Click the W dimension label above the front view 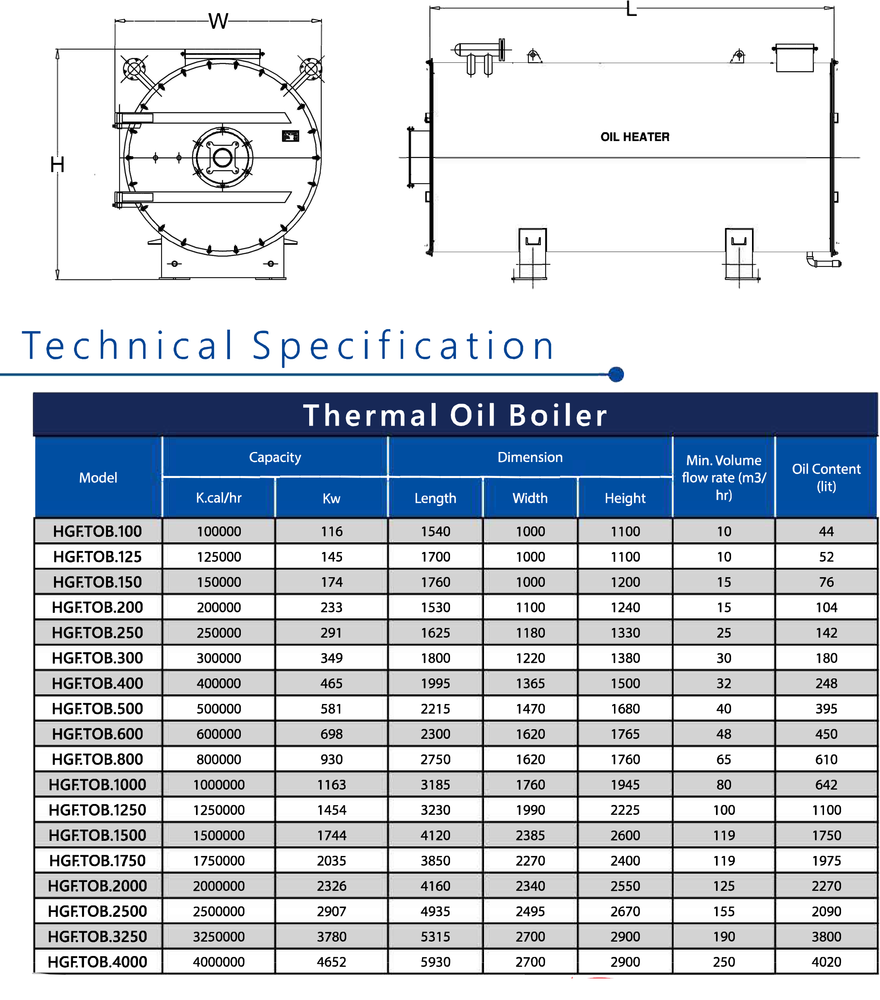coord(218,22)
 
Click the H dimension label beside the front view coord(57,164)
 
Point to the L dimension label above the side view coord(631,8)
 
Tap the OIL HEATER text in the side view coord(635,137)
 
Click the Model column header coord(98,478)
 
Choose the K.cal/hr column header coord(219,498)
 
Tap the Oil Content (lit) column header coord(826,478)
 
